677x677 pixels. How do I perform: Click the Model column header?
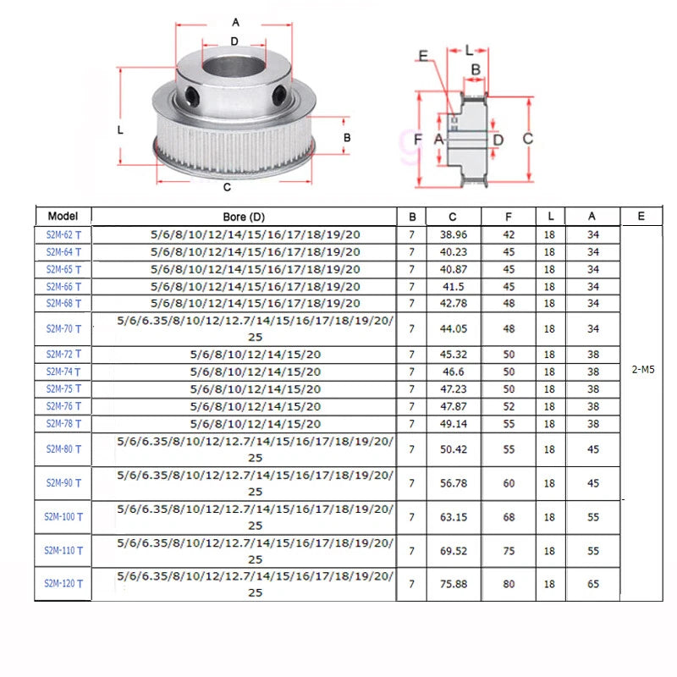63,216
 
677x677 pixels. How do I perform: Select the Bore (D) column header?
244,217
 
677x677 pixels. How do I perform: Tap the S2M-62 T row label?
63,235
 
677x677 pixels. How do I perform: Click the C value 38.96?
454,234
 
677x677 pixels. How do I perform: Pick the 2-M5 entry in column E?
643,370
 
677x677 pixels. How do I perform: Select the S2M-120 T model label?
63,584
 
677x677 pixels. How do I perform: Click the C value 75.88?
454,584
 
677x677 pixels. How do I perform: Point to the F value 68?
509,517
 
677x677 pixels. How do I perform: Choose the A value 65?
593,584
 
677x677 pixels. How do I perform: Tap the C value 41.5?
454,287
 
